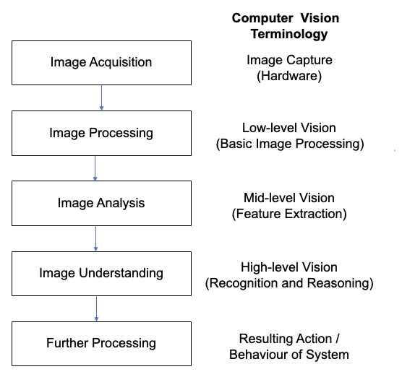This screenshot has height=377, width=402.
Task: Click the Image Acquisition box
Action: tap(101, 63)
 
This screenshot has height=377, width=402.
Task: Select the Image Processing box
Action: tap(101, 133)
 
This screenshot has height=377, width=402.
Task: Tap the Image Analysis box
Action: tap(101, 204)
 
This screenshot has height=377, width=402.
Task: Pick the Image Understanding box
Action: tap(101, 274)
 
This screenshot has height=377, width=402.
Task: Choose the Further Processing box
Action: tap(101, 344)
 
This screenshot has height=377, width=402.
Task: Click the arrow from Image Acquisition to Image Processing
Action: tap(101, 97)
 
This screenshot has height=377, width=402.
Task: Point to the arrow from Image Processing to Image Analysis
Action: tap(95, 168)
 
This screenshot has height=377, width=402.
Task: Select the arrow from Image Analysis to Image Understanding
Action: tap(96, 239)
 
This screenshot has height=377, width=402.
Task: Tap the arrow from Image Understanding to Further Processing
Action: tap(97, 309)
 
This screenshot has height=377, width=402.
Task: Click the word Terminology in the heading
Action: tap(289, 35)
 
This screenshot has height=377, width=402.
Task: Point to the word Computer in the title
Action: tap(262, 19)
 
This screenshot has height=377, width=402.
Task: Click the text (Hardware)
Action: tap(289, 76)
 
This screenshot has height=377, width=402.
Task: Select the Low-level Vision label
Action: tap(289, 128)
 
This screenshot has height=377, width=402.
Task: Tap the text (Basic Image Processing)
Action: tap(290, 144)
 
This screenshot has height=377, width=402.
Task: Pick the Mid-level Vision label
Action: tap(289, 198)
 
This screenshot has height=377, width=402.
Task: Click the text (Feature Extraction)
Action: tap(289, 214)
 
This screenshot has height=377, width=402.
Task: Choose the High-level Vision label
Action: tap(289, 268)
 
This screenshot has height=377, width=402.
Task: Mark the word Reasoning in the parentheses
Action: tap(338, 284)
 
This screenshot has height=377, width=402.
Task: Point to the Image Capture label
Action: tap(289, 61)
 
